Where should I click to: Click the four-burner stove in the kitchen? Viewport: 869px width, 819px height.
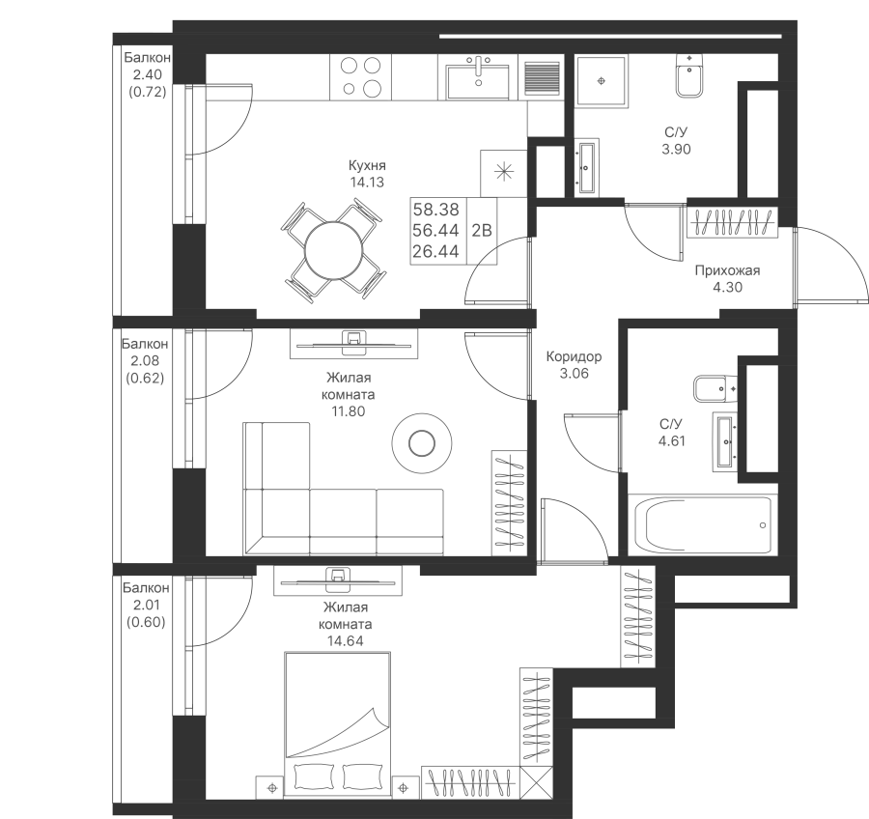[361, 77]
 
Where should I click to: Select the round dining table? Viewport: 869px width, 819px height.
[334, 251]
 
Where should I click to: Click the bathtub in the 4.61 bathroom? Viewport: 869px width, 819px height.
[702, 525]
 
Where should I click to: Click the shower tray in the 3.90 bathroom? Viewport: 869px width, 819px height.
[602, 81]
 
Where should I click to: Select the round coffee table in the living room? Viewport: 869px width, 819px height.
[421, 443]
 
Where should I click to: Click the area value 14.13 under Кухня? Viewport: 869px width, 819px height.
[367, 182]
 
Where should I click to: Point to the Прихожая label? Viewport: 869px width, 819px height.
[727, 270]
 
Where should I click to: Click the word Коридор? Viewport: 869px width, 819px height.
[574, 356]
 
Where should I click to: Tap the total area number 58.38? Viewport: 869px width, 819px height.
[436, 209]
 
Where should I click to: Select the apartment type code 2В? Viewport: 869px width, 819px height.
[482, 230]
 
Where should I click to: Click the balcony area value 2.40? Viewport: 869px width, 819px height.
[148, 74]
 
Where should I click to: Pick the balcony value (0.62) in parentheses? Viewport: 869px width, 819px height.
[145, 379]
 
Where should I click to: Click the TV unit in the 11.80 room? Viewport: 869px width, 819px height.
[353, 344]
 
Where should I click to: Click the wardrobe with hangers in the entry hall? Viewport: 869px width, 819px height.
[732, 222]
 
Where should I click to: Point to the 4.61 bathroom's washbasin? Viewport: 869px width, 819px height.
[725, 441]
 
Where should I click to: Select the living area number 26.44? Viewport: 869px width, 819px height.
[435, 251]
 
